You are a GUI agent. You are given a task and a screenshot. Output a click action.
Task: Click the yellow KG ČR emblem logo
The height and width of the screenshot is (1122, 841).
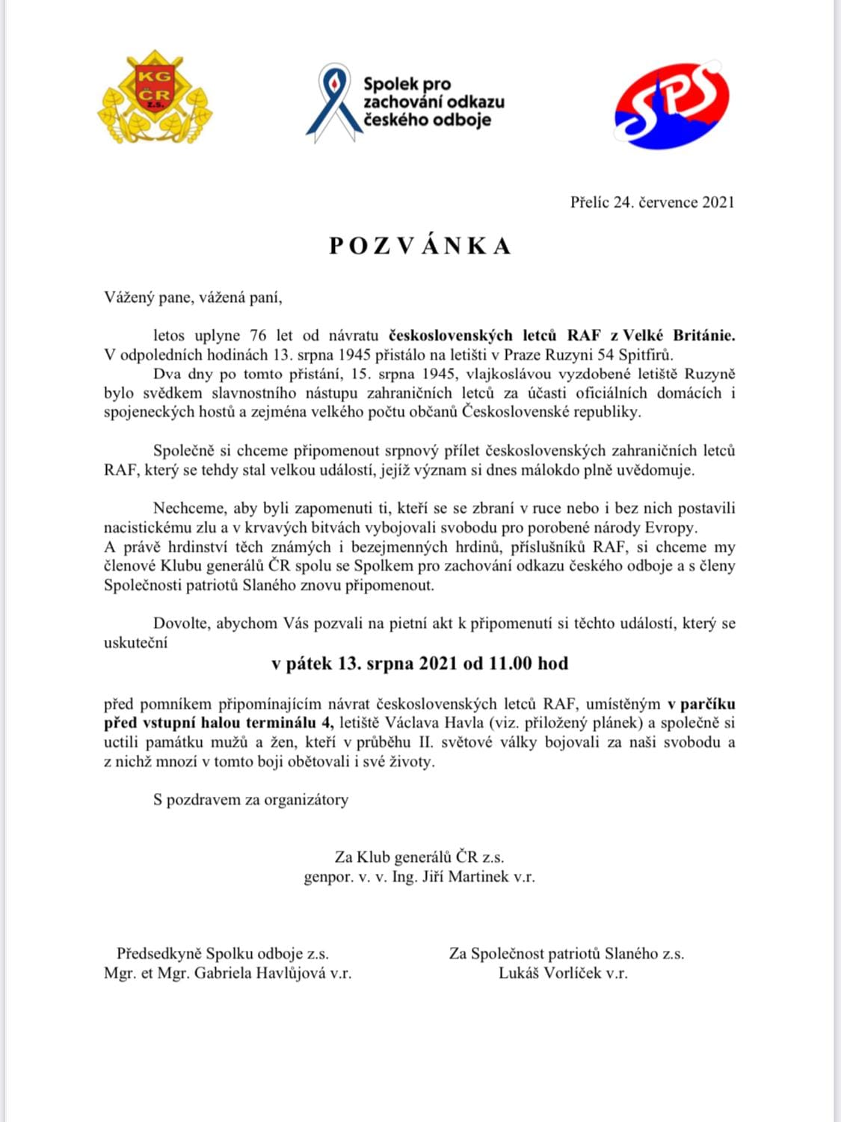coord(155,97)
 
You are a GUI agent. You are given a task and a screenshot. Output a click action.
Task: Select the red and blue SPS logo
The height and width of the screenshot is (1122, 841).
coord(671,105)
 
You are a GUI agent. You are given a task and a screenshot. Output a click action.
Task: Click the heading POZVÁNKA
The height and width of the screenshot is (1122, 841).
coord(420,246)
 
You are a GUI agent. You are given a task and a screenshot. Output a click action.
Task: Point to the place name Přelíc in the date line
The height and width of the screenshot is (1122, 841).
coord(590,203)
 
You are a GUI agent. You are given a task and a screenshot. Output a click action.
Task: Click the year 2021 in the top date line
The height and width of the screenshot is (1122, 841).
coord(718,203)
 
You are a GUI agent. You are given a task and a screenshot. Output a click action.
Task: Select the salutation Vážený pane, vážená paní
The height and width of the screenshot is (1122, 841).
coord(193,298)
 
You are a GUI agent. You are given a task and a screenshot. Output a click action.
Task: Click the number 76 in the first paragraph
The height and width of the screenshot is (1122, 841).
coord(258,336)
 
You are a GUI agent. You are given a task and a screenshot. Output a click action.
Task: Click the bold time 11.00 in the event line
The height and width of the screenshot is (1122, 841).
coord(511,663)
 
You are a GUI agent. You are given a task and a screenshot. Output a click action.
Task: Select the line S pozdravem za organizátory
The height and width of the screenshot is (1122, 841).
coord(250,800)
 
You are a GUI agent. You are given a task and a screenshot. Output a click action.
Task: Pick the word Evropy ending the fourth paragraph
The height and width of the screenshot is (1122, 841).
coord(673,528)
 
